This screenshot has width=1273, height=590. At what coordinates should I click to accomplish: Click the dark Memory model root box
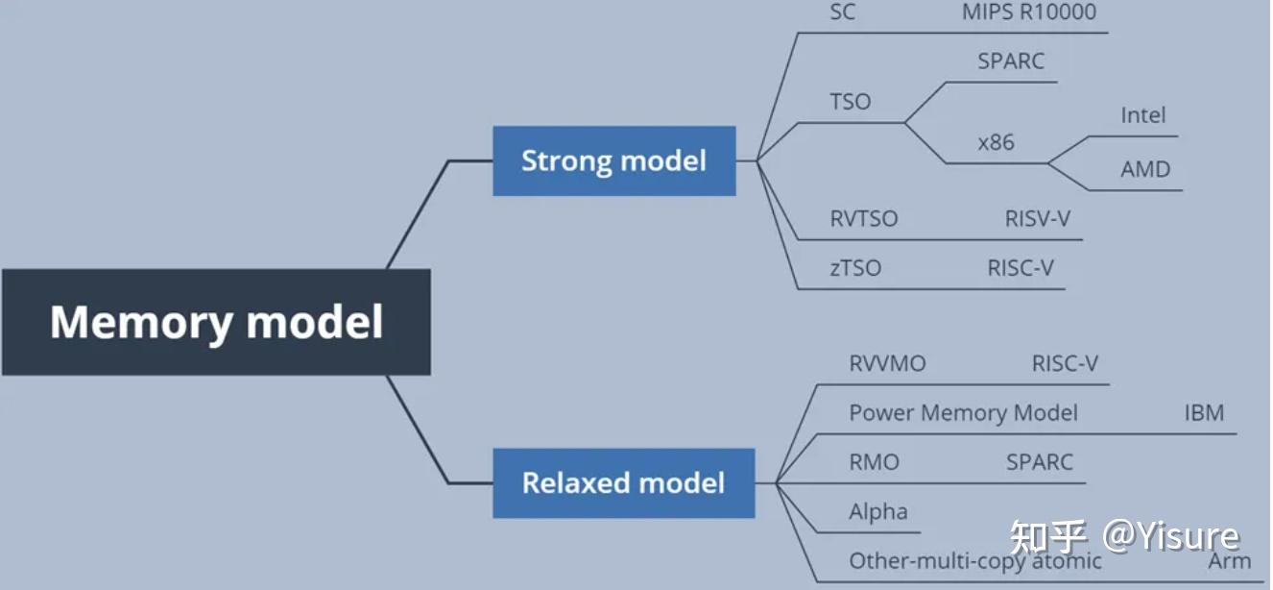[x=216, y=322]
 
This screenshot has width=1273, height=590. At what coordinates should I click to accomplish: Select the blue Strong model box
[x=613, y=160]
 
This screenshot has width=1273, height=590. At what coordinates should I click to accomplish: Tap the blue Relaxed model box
[x=623, y=482]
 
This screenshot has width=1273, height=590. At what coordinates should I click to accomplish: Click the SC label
[x=842, y=12]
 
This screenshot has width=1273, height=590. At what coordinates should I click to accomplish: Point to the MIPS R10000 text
[x=1028, y=12]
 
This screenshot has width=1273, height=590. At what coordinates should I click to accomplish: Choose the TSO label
[x=850, y=102]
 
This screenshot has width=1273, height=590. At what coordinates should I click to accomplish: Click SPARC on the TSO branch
[x=1011, y=61]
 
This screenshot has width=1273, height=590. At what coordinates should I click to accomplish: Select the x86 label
[x=996, y=142]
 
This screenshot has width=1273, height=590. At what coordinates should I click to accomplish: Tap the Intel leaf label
[x=1142, y=115]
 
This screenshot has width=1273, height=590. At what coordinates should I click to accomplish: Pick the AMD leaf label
[x=1145, y=169]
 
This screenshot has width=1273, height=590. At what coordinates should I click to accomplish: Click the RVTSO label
[x=864, y=219]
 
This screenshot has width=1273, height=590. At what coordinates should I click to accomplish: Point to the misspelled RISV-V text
[x=1037, y=219]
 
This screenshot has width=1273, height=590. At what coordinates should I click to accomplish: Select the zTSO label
[x=855, y=268]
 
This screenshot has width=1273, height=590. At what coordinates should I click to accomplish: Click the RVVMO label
[x=887, y=364]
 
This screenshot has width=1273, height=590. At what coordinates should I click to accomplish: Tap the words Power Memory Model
[x=963, y=413]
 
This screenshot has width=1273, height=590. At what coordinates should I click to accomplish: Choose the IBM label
[x=1204, y=413]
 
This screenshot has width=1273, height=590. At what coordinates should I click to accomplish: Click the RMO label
[x=874, y=462]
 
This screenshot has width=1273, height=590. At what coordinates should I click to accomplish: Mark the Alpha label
[x=877, y=511]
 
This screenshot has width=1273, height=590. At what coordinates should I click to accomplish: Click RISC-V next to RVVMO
[x=1065, y=364]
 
